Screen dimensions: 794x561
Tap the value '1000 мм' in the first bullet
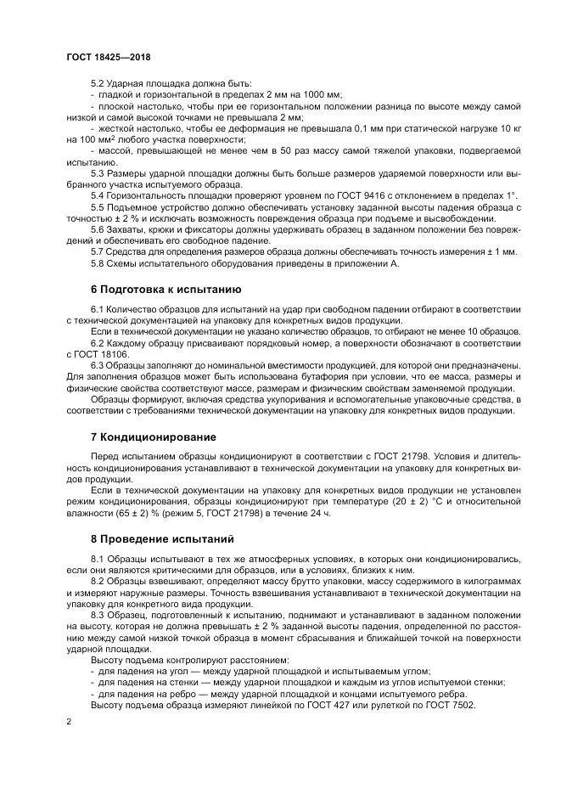click(x=323, y=95)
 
